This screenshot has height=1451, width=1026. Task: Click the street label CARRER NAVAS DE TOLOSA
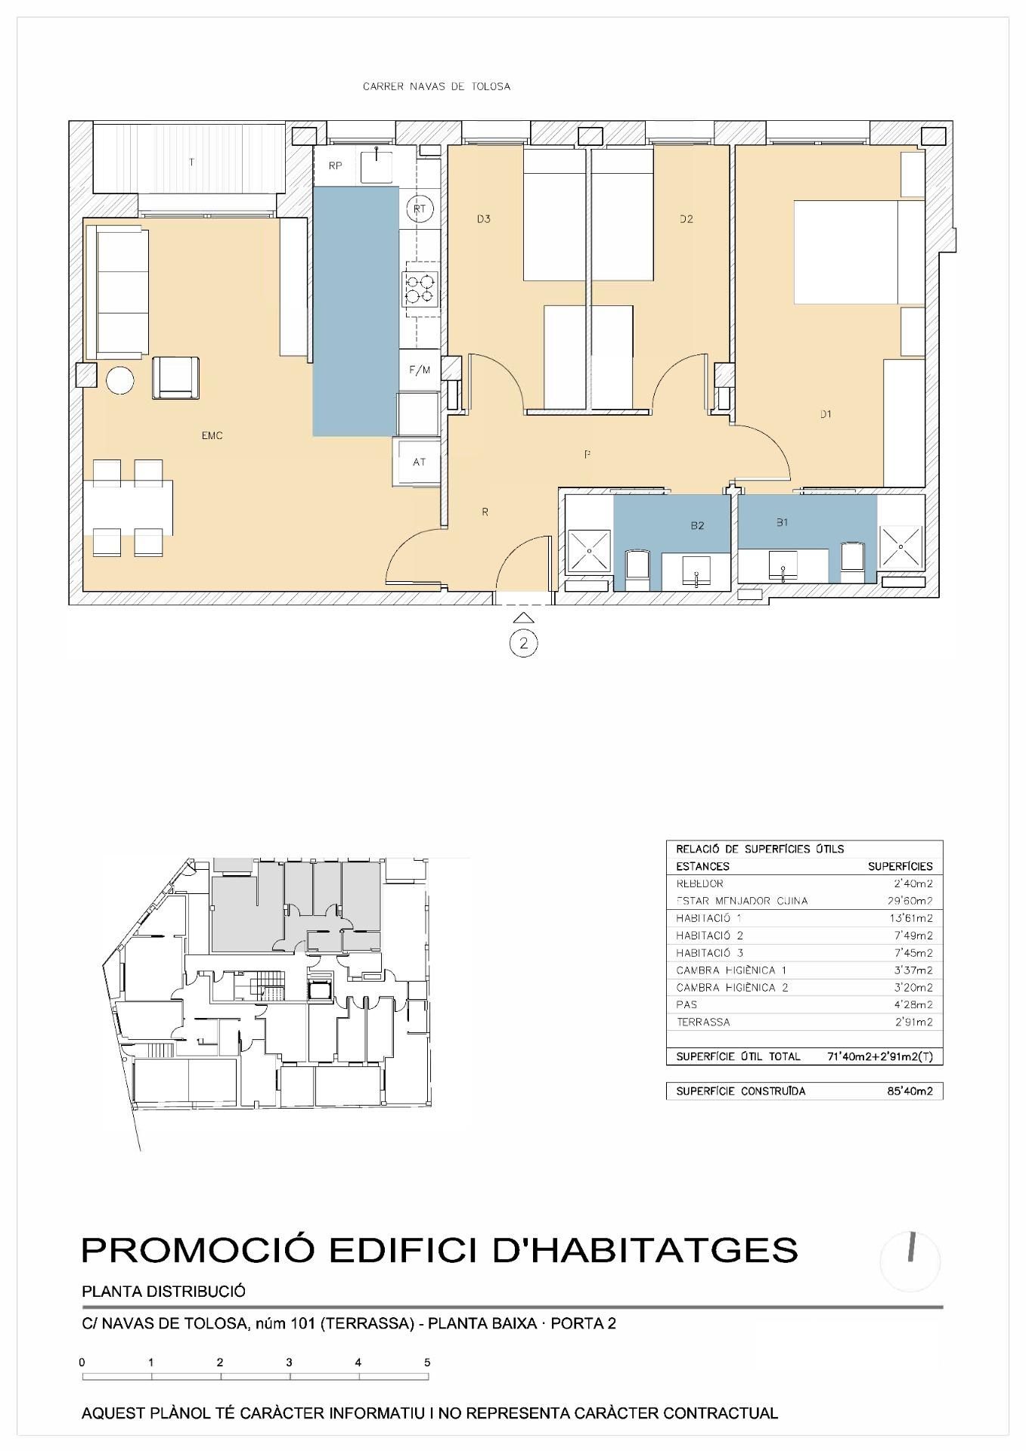click(x=436, y=86)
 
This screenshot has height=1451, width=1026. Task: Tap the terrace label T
click(x=191, y=162)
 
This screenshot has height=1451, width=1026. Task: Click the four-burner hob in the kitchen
click(x=420, y=288)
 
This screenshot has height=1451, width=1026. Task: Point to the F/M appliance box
click(x=420, y=370)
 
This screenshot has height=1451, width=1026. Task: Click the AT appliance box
click(x=419, y=462)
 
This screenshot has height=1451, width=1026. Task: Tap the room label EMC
click(x=212, y=435)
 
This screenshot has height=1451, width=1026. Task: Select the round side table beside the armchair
click(x=120, y=379)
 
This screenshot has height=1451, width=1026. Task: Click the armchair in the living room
click(x=176, y=377)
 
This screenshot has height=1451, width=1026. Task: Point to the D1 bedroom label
click(x=826, y=413)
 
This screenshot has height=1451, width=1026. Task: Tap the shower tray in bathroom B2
click(x=587, y=549)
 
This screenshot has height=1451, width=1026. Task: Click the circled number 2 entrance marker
click(x=523, y=644)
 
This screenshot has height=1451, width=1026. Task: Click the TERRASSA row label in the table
click(x=703, y=1022)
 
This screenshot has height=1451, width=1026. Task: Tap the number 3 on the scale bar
click(x=289, y=1363)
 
